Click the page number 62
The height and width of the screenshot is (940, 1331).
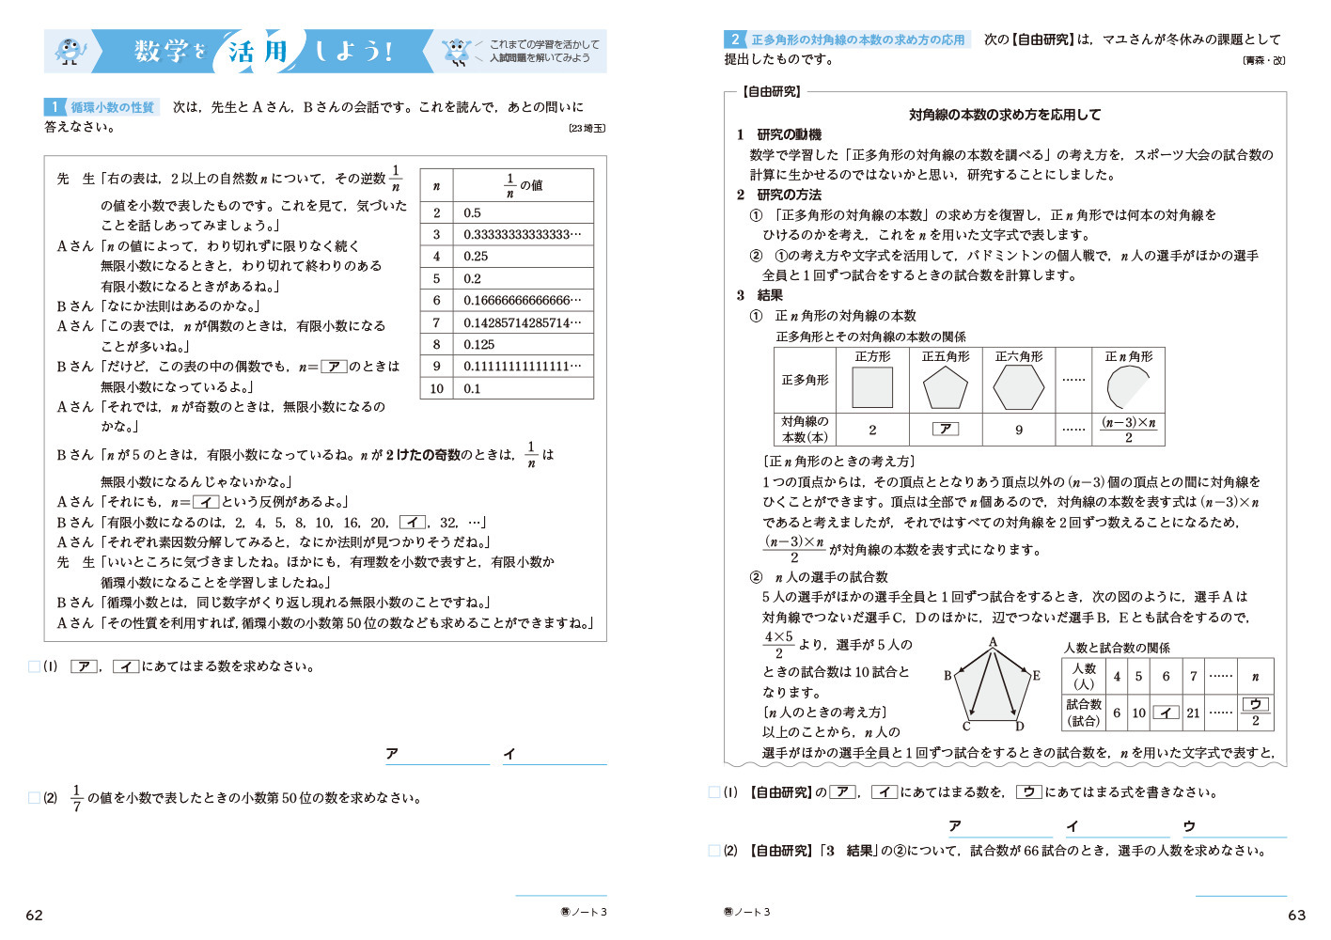pos(35,915)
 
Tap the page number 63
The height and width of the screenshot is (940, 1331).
pos(1296,915)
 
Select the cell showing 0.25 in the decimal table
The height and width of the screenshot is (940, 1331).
pos(476,256)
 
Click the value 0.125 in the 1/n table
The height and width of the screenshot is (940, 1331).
pos(479,344)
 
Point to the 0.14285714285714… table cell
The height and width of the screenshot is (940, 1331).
pos(522,322)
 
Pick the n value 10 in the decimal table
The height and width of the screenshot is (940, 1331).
pos(436,388)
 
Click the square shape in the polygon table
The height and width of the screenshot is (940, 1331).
pos(872,386)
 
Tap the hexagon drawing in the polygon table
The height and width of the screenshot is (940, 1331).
pos(1018,386)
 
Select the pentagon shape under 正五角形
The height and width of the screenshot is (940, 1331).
pos(945,386)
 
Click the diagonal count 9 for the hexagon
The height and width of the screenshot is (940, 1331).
pos(1019,430)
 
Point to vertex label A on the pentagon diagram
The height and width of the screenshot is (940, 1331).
pos(993,643)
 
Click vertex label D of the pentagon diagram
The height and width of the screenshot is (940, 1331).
pos(1019,726)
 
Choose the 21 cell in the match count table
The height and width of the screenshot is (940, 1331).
pos(1193,713)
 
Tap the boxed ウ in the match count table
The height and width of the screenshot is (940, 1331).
pos(1255,704)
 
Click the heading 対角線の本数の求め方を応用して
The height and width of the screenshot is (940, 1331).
pos(1004,115)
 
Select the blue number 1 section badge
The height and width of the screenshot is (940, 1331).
pos(55,107)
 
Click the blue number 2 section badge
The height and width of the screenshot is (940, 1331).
pos(734,39)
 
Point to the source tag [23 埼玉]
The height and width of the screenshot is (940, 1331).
pos(587,128)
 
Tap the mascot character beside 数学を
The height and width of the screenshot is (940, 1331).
pos(70,51)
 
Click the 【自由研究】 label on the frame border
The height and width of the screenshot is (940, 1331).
pos(772,91)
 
